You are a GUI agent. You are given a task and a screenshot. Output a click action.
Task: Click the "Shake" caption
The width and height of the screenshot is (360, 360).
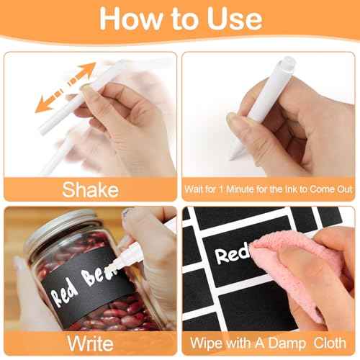click(x=90, y=189)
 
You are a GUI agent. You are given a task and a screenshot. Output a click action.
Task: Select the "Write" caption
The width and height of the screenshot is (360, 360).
click(x=90, y=342)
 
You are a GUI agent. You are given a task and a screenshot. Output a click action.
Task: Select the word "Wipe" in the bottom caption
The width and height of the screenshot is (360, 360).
click(x=207, y=342)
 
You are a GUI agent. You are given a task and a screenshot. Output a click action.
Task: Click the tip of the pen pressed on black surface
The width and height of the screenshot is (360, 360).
click(x=231, y=118)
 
